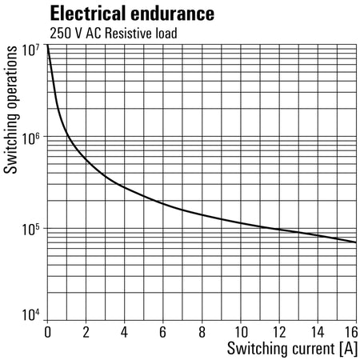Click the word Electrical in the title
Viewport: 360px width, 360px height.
(x=88, y=14)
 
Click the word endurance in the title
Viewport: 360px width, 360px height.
(x=172, y=14)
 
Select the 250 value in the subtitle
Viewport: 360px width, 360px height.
(x=60, y=34)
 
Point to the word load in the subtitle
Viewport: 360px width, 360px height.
(x=166, y=34)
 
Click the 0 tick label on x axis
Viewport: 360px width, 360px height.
(x=47, y=332)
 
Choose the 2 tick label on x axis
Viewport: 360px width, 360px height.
(x=86, y=332)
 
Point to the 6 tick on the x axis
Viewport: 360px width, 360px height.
(x=163, y=332)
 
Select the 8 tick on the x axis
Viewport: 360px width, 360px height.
(x=202, y=332)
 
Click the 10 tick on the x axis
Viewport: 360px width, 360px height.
(x=241, y=332)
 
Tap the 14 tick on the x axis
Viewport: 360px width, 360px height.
(x=318, y=332)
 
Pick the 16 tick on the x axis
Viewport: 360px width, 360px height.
(x=351, y=332)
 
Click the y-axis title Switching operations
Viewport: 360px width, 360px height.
(x=10, y=110)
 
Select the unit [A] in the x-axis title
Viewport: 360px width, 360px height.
(x=349, y=349)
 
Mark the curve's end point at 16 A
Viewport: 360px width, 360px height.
(x=356, y=242)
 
